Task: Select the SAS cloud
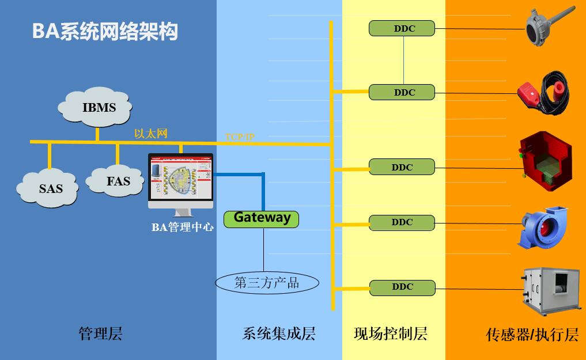pos(49,188)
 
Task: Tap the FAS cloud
pos(118,181)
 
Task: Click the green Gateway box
pos(262,218)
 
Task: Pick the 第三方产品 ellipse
pos(267,283)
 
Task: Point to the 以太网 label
pos(150,134)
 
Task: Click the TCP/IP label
pos(239,137)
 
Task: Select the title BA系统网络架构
pos(105,31)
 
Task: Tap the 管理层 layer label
pos(100,334)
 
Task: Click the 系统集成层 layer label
pos(279,334)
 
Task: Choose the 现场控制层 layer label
pos(390,334)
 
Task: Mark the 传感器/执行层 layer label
pos(532,335)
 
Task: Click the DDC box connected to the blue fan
pos(402,222)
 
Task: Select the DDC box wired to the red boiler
pos(402,168)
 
